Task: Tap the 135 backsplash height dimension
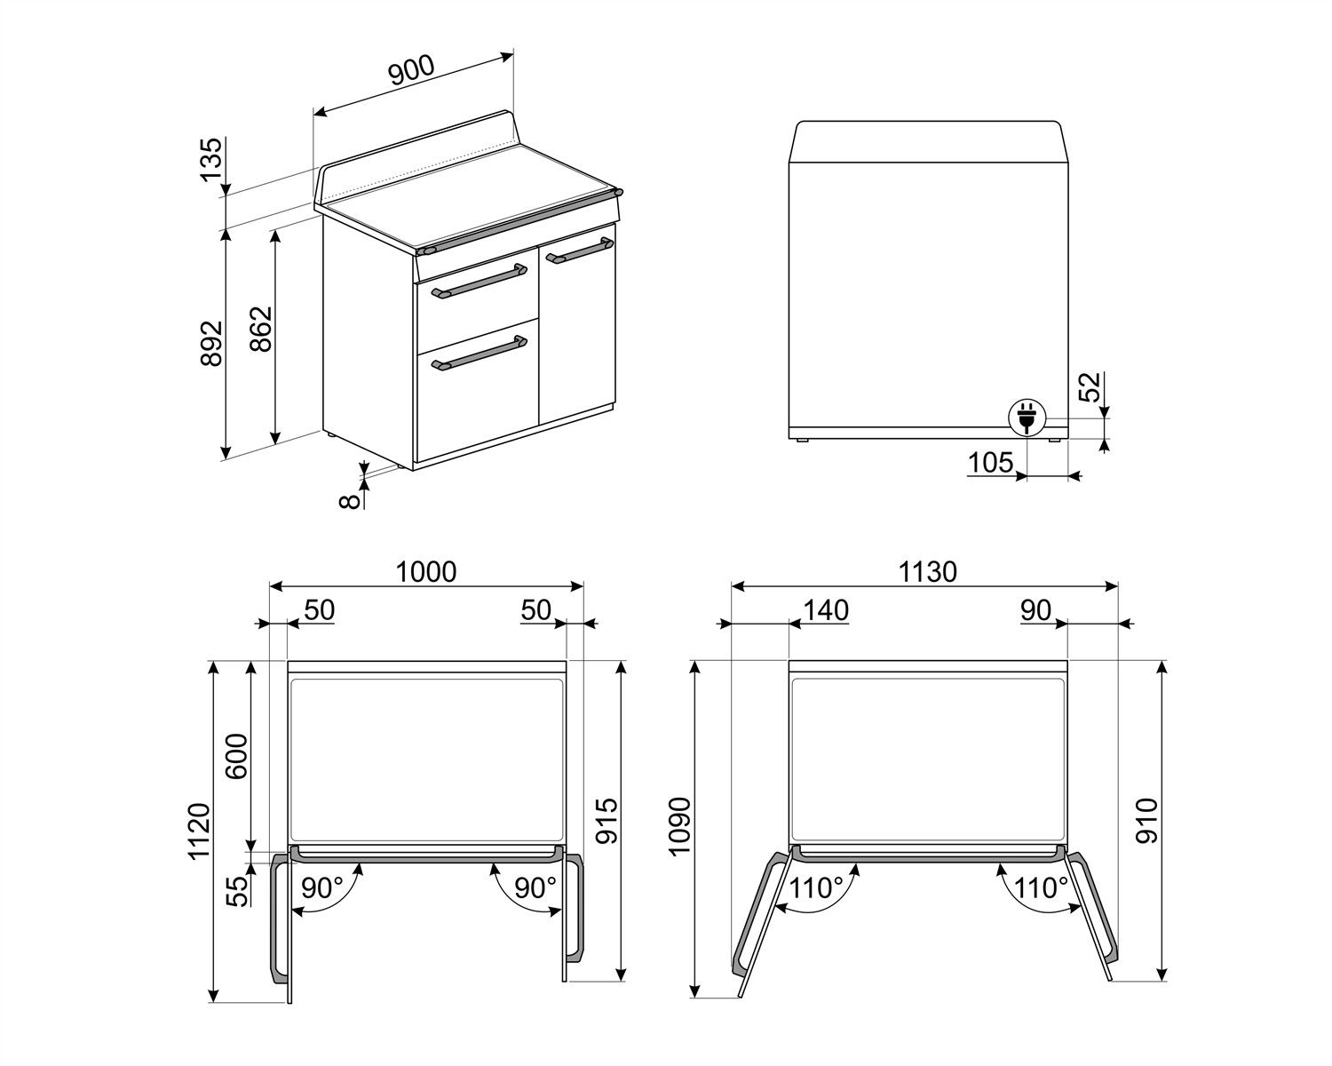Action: [x=211, y=161]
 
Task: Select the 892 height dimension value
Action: [x=211, y=343]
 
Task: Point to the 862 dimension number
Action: [x=261, y=330]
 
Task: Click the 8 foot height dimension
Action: [x=351, y=501]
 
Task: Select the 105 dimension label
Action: [x=989, y=462]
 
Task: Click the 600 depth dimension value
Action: [x=237, y=757]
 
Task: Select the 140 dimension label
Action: [x=825, y=610]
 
